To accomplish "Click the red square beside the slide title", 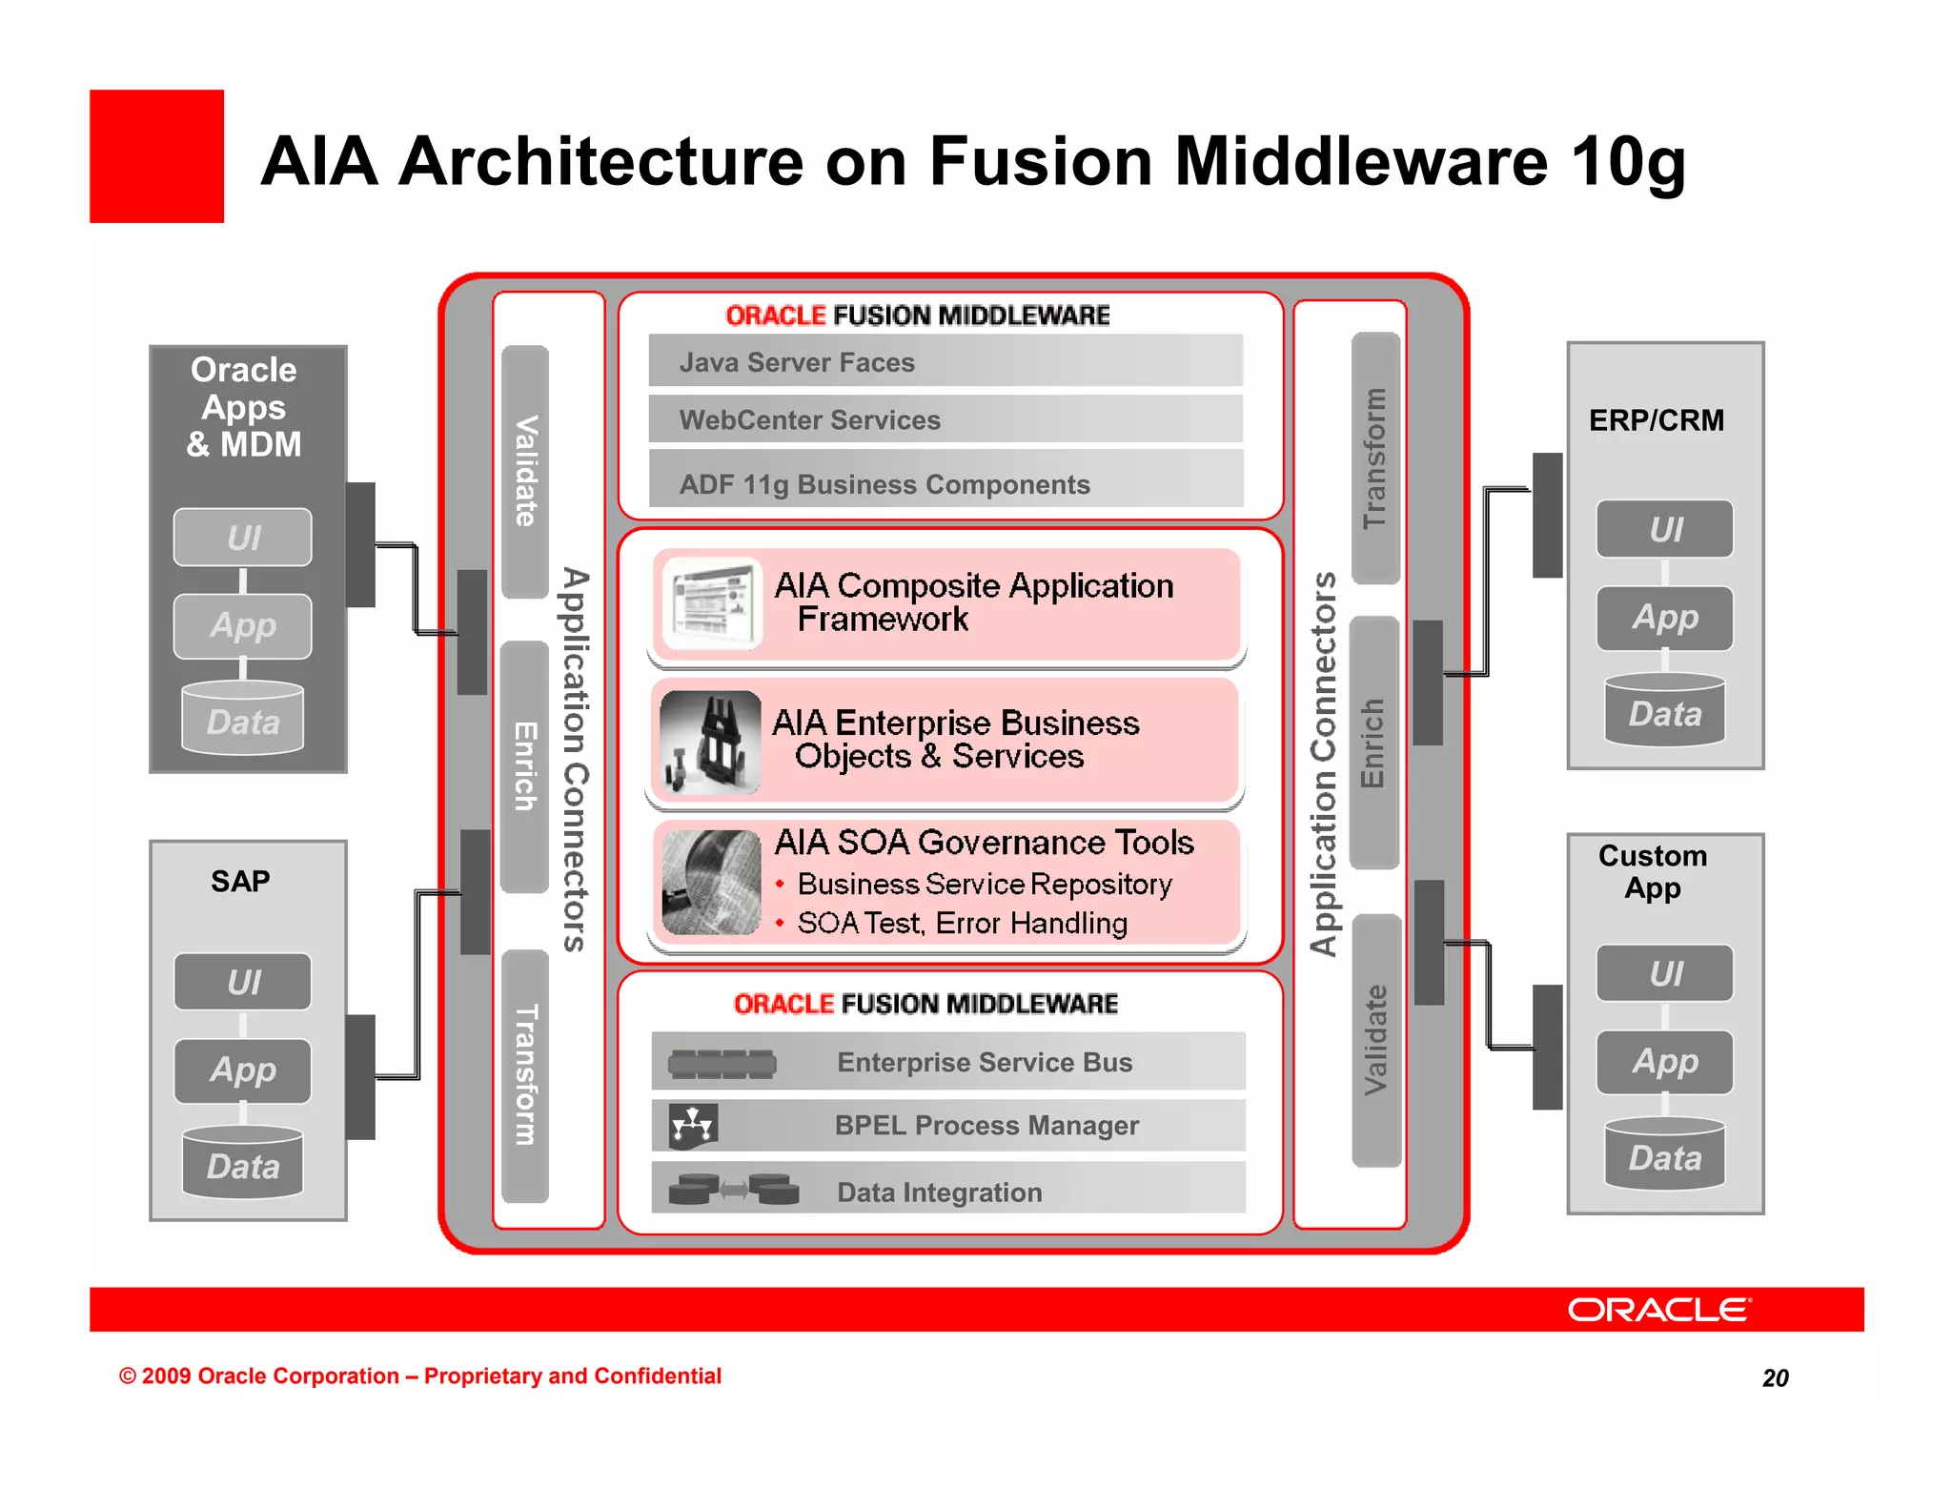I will (x=156, y=156).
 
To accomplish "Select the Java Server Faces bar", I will (x=945, y=361).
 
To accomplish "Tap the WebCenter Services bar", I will (x=945, y=419).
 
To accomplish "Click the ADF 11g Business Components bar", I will (x=945, y=482).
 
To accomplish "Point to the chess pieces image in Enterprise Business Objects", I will (x=710, y=743).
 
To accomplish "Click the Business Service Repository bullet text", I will (x=984, y=885).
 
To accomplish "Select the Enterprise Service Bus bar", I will (x=948, y=1062).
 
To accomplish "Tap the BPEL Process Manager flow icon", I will (x=692, y=1126).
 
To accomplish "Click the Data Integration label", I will (x=939, y=1192).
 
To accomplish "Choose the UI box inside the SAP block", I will (x=243, y=982).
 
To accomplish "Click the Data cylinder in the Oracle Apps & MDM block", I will (x=243, y=720).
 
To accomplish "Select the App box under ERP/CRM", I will (x=1664, y=618).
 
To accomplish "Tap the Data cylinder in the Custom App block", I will (x=1664, y=1155).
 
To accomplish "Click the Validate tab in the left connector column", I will (x=525, y=471).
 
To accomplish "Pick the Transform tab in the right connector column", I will (x=1375, y=458).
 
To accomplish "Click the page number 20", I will (x=1775, y=1377).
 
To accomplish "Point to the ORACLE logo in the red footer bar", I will (x=1658, y=1310).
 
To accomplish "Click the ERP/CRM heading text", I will (x=1657, y=420).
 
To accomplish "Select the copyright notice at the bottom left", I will (x=419, y=1376).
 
